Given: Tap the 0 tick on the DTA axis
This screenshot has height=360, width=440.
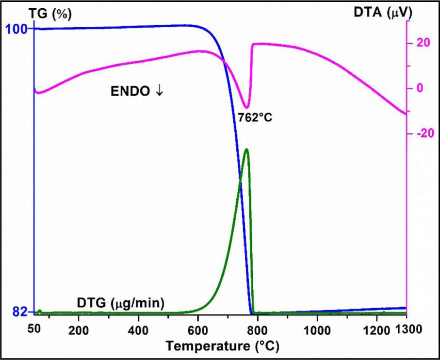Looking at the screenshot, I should point(420,88).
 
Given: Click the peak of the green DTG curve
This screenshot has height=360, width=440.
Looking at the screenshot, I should point(247,149).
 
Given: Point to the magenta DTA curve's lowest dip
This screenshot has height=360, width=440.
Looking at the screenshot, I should point(247,108).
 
